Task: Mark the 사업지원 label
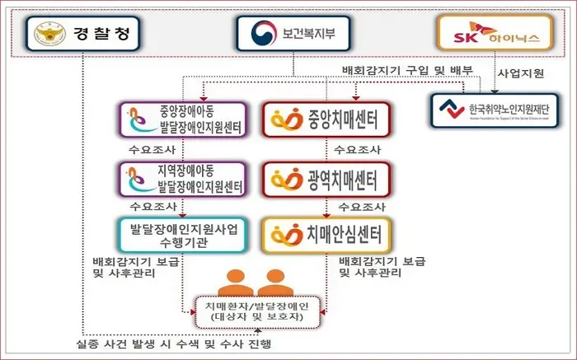(x=520, y=75)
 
